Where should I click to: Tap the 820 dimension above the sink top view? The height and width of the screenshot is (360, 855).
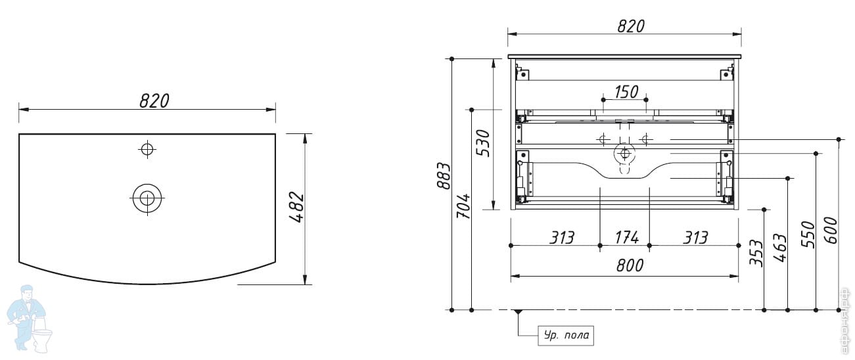(154, 101)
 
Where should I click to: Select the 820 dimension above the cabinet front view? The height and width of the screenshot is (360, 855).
(630, 26)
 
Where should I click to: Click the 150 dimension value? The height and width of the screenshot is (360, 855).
(626, 91)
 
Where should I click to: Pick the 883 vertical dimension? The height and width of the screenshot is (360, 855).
(444, 175)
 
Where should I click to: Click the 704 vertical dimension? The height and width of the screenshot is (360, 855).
(463, 206)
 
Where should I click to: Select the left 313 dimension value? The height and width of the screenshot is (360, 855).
(562, 236)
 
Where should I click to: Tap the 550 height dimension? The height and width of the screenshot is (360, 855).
(808, 233)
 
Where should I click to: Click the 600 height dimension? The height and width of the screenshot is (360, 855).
(831, 230)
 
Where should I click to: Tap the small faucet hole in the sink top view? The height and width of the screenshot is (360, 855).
(147, 149)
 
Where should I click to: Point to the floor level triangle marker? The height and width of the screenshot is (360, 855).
(519, 313)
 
